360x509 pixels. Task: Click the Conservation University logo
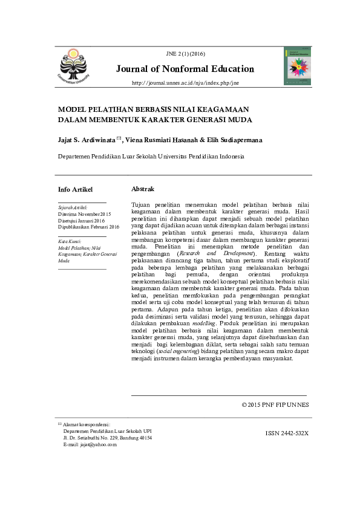coord(77,65)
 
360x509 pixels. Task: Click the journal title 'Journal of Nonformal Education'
coord(185,69)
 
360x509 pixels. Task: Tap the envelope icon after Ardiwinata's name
coord(119,138)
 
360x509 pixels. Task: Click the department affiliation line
coord(151,156)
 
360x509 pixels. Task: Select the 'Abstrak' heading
coord(143,189)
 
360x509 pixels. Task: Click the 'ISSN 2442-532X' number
coord(287,433)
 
